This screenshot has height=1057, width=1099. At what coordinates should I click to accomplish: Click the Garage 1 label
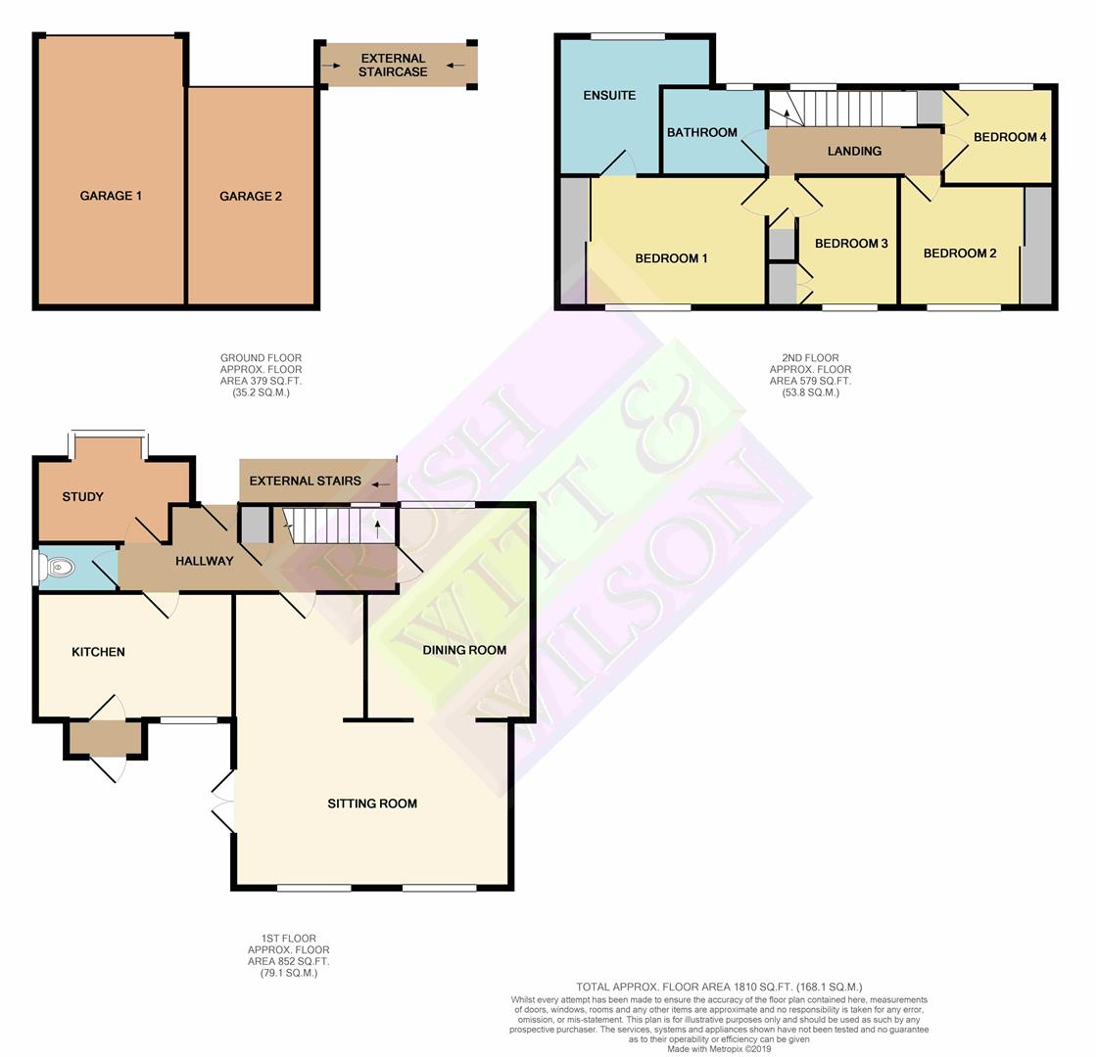pos(111,196)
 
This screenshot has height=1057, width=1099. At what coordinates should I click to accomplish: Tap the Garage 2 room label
pos(250,196)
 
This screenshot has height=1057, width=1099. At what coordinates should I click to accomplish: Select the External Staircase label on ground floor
pos(393,66)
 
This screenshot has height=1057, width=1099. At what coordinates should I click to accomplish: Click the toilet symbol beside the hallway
pos(56,567)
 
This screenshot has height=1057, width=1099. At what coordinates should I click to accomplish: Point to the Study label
pos(82,496)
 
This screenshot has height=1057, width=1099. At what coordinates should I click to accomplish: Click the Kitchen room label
pos(98,652)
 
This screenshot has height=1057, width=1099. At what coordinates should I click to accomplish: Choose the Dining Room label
pos(464,650)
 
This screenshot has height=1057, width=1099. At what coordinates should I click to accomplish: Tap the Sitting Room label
pos(372,804)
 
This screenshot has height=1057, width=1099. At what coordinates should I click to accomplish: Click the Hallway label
pos(204,561)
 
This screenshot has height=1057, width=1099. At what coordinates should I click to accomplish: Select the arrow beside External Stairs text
pos(381,484)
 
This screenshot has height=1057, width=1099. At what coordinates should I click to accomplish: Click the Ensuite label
pos(609,95)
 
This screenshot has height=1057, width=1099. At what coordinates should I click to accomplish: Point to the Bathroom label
pos(701,132)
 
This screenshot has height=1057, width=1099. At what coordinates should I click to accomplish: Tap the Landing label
pos(854,151)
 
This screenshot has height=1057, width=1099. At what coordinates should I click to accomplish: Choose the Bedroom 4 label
pos(1009,137)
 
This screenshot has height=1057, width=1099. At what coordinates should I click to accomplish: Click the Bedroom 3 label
pos(851,243)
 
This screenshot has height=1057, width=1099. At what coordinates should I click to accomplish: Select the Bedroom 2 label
pos(960,253)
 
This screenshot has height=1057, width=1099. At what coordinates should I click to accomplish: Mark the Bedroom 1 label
pos(671,258)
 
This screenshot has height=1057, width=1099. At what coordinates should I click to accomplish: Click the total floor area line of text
pos(719,987)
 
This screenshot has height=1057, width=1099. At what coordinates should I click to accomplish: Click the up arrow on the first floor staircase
pos(378,528)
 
